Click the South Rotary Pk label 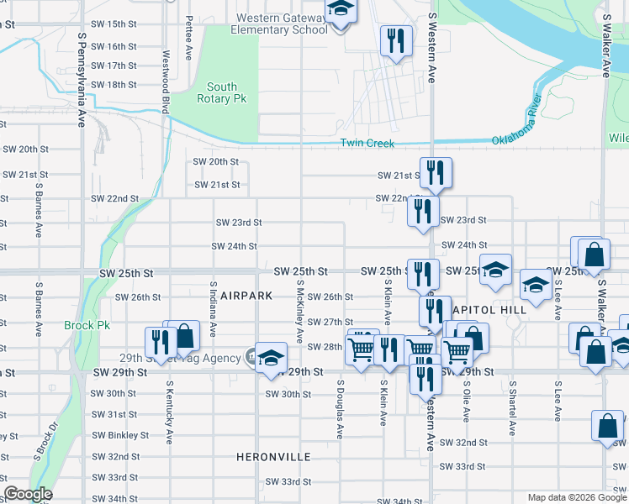[222, 92]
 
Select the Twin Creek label [367, 144]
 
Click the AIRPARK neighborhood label [246, 296]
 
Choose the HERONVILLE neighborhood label [273, 457]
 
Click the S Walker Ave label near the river [605, 46]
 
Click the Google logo [29, 494]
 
